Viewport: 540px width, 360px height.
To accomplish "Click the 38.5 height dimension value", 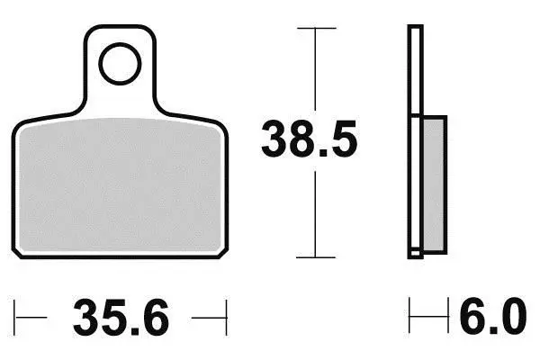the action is [310, 139].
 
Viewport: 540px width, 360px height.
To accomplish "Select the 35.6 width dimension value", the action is [121, 318].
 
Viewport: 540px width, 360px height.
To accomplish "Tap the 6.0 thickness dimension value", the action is [493, 317].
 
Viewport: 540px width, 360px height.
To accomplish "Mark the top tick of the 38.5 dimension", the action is [317, 28].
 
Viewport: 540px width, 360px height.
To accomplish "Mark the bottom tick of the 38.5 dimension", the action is [316, 257].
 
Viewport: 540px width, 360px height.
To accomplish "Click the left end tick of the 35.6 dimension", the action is [14, 318].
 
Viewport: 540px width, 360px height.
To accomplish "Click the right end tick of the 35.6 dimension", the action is [226, 318].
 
